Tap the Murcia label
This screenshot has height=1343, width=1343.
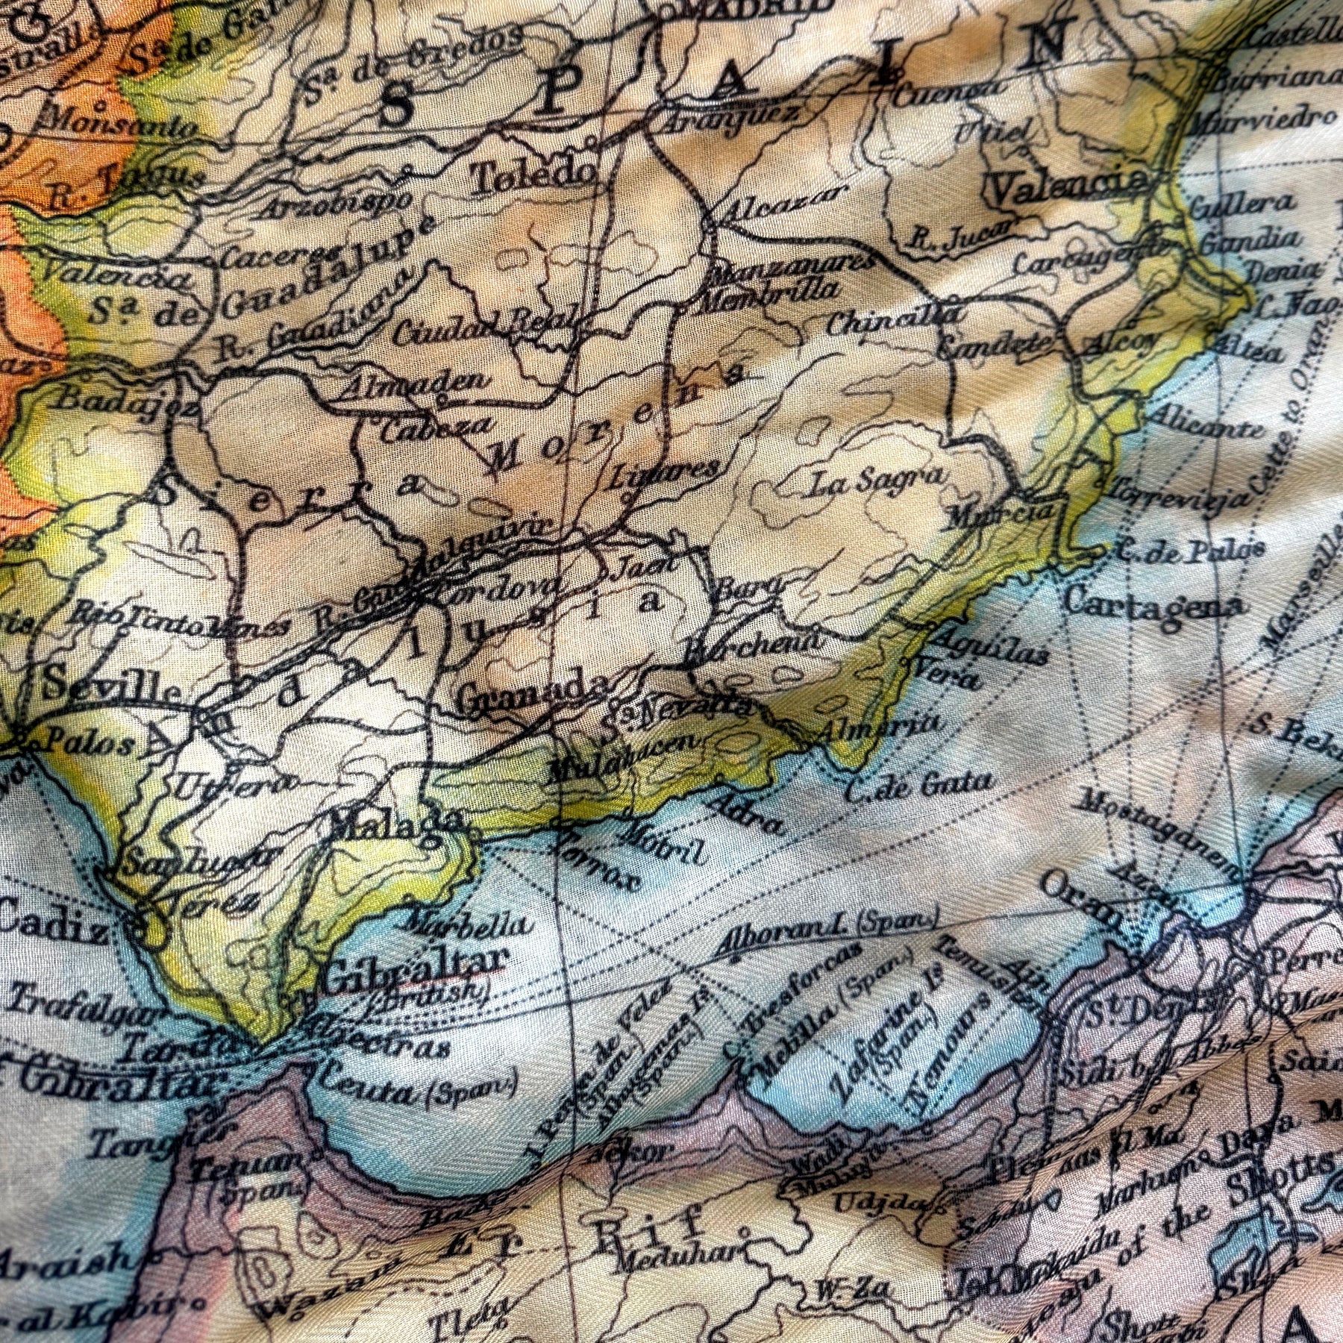click(1000, 515)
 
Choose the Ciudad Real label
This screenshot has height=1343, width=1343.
click(489, 328)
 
